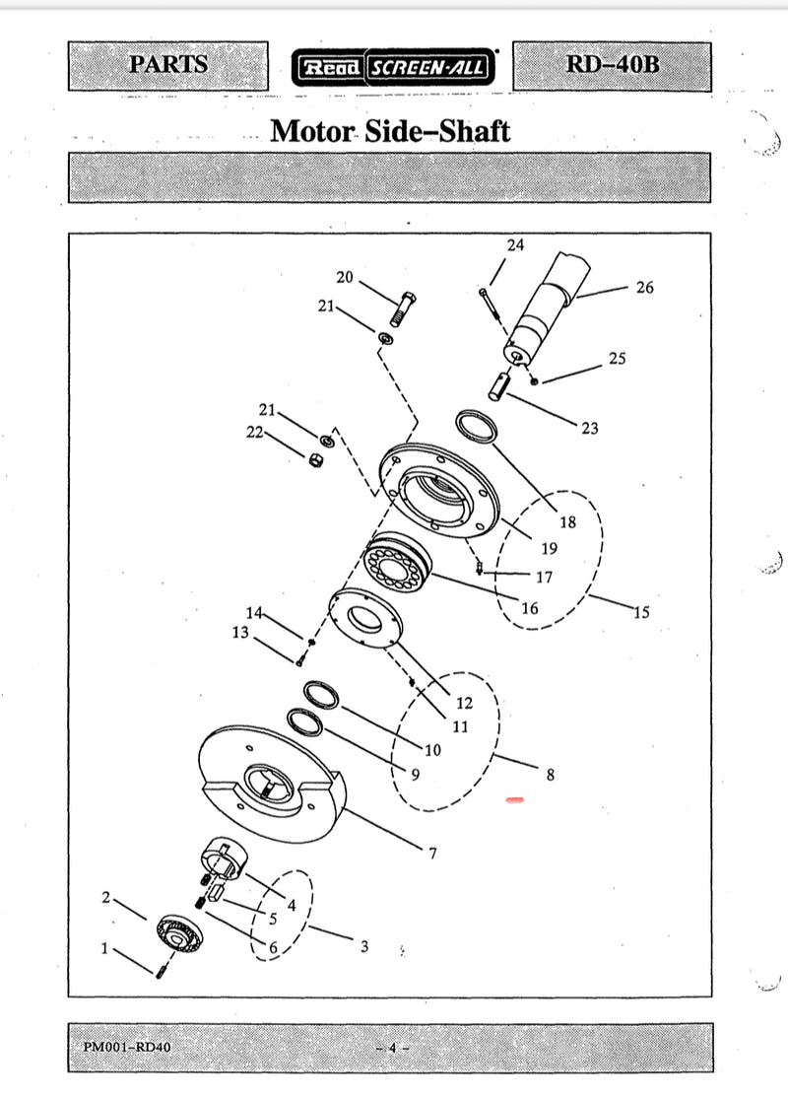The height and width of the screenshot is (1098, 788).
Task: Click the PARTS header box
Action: click(168, 66)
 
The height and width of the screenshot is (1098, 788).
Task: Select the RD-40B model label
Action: click(612, 66)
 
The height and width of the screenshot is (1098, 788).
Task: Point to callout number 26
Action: click(644, 288)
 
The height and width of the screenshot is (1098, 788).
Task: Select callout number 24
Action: click(515, 245)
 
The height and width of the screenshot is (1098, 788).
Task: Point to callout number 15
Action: click(641, 613)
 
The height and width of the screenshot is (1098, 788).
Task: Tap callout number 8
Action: click(550, 775)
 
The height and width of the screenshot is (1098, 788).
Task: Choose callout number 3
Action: click(363, 946)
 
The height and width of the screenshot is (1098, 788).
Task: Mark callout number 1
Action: click(104, 948)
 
